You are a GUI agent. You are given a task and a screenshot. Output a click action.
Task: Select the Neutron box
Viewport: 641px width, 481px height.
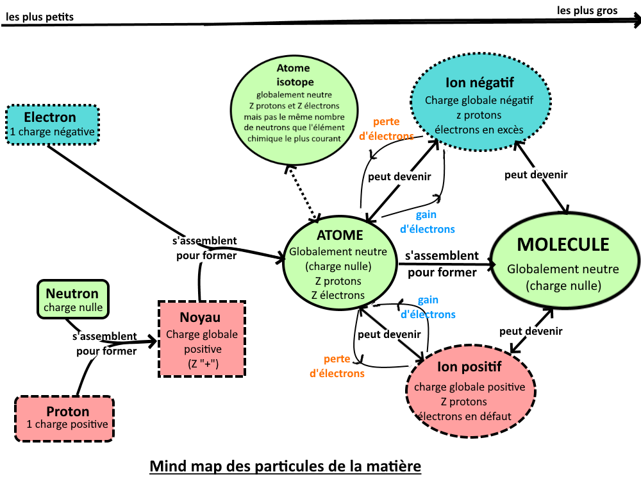point(73,300)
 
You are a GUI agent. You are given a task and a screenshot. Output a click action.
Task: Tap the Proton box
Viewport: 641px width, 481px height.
point(64,418)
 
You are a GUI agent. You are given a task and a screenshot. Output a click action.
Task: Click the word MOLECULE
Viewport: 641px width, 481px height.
point(563,244)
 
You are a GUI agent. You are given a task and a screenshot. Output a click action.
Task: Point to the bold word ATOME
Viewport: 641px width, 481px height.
point(340,235)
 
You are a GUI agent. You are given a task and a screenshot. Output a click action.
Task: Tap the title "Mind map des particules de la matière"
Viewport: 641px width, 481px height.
point(286,465)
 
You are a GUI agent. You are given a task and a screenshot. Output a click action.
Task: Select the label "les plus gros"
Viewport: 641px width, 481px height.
point(587,10)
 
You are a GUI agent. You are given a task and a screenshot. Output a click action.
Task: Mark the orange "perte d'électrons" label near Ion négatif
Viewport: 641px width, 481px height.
point(386,128)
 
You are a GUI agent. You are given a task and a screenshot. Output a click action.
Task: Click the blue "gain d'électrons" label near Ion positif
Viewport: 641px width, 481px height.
point(428,307)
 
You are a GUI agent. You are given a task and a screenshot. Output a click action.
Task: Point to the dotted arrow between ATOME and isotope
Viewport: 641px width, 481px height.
point(303,190)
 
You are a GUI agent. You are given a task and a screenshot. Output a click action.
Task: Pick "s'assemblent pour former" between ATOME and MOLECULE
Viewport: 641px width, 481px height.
point(442,264)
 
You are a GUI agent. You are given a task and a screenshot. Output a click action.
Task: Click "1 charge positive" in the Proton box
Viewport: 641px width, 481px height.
point(67,425)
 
